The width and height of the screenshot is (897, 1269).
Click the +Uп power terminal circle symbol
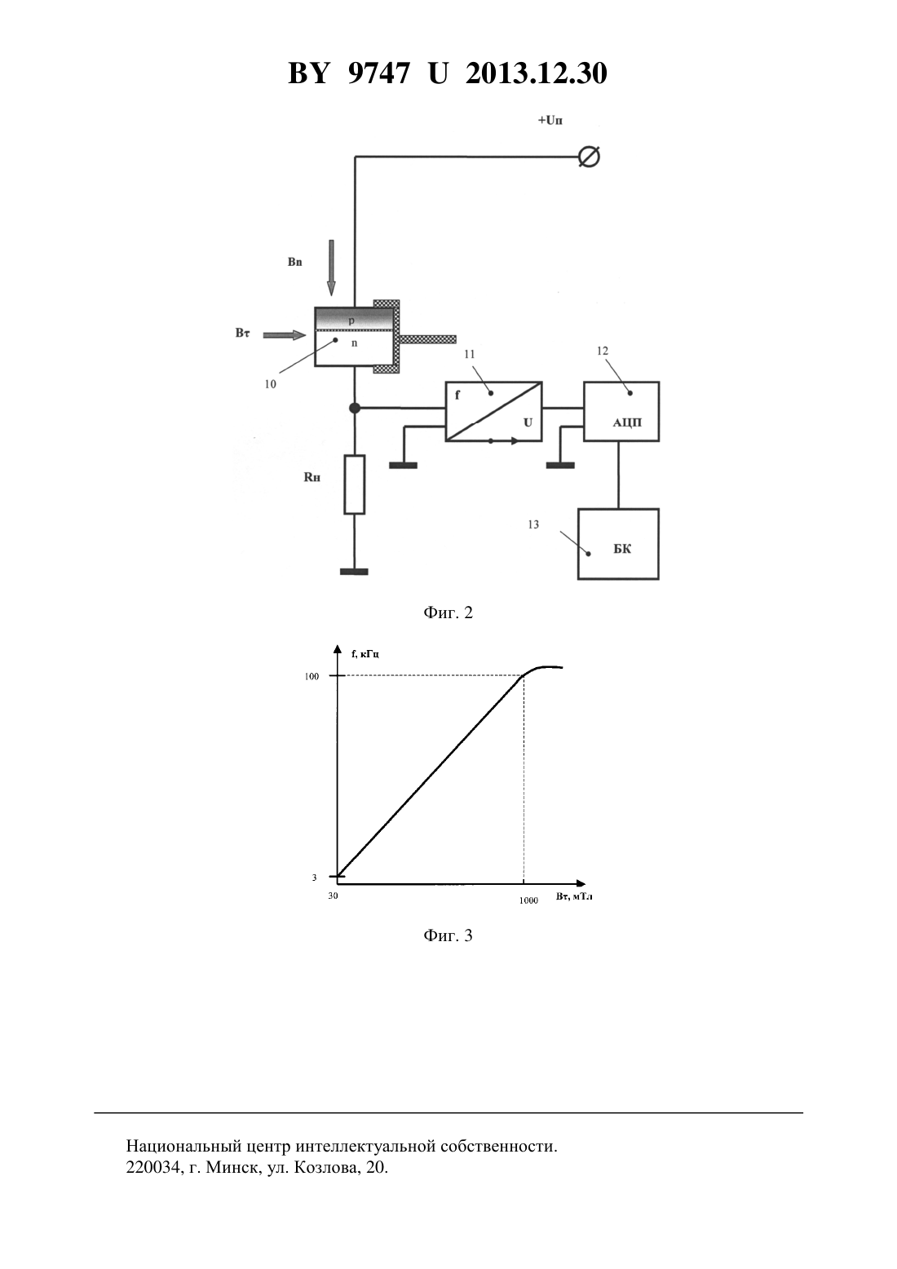(x=589, y=157)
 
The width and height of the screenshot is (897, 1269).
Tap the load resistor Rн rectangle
(x=355, y=484)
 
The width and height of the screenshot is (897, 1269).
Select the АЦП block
(x=621, y=411)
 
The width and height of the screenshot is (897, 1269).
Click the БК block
(x=618, y=544)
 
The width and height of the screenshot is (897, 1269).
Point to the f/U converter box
(x=494, y=411)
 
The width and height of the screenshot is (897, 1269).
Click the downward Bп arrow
(x=331, y=268)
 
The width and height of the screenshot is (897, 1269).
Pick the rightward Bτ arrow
(x=285, y=335)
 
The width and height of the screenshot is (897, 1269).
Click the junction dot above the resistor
(x=355, y=408)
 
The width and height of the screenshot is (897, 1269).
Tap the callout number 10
(x=271, y=384)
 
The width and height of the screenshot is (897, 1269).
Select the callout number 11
(x=470, y=354)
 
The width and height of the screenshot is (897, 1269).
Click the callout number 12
(x=602, y=352)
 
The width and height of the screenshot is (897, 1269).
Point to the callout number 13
(x=533, y=524)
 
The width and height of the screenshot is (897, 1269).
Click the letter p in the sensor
(x=351, y=321)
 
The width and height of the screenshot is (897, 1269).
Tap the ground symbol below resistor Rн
(x=354, y=572)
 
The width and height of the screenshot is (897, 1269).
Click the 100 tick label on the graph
(x=312, y=676)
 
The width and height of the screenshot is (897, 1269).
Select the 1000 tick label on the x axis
(x=529, y=900)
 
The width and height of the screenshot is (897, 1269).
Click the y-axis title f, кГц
(x=365, y=654)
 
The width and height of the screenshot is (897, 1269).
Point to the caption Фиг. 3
(x=448, y=935)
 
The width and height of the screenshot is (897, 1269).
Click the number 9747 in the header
(x=378, y=73)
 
